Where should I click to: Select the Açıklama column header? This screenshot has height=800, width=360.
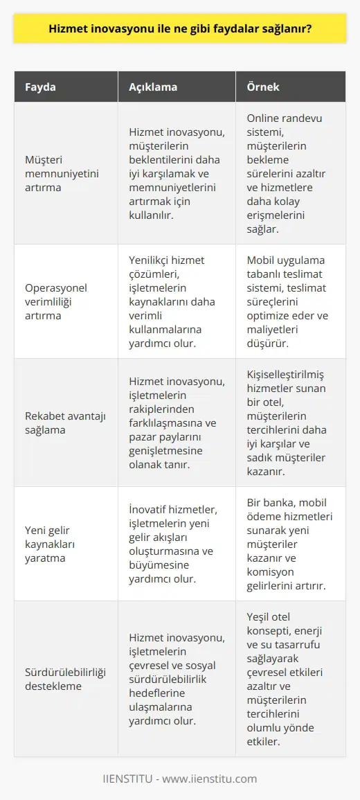(x=154, y=88)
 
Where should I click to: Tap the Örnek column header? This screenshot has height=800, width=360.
(x=264, y=88)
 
